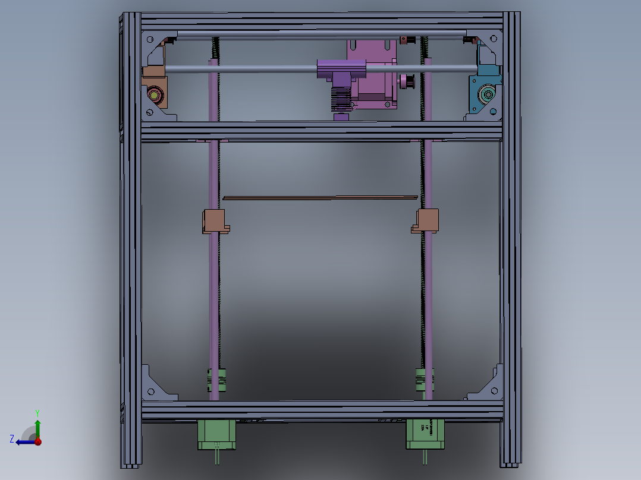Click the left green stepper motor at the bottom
[x=216, y=434]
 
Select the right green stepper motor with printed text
[x=425, y=434]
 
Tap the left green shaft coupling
[x=216, y=380]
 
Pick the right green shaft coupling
[x=425, y=380]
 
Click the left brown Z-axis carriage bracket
[x=215, y=220]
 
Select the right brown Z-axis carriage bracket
[x=427, y=220]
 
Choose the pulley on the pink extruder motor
[x=407, y=81]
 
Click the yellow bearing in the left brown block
[x=156, y=94]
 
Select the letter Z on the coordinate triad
[x=12, y=438]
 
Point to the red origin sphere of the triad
[x=38, y=441]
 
